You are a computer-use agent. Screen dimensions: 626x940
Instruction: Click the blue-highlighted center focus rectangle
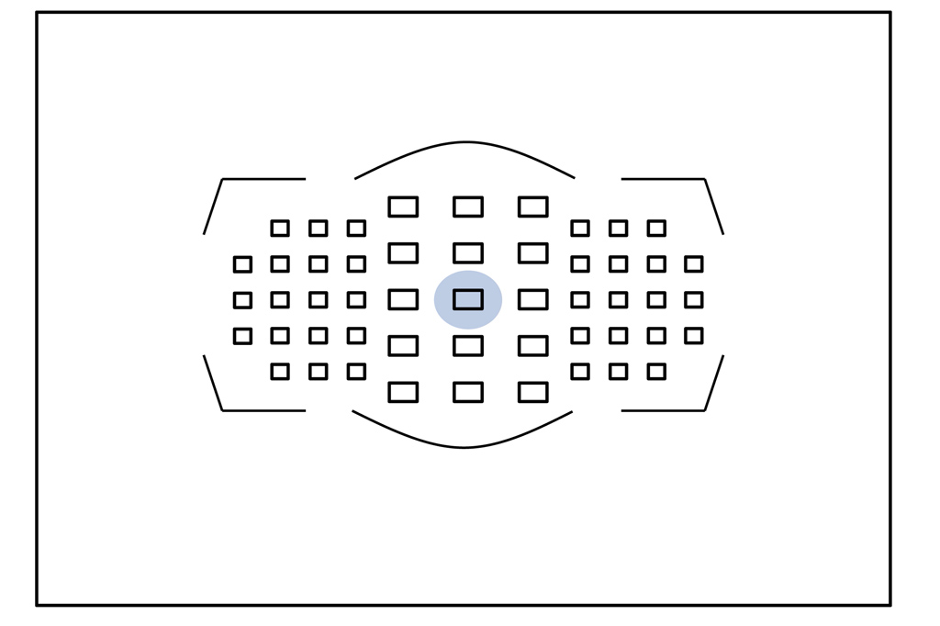(468, 299)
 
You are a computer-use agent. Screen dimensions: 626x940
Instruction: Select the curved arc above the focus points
(465, 143)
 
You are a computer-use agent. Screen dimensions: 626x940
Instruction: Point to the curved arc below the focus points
(464, 447)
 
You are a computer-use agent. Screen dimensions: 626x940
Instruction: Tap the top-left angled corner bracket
(223, 180)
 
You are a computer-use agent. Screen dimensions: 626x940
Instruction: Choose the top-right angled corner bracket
(704, 180)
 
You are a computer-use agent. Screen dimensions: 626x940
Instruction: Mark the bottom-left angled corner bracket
(223, 409)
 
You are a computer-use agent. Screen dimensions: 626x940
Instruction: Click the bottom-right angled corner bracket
(704, 409)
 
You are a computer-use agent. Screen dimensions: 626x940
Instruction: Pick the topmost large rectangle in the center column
(468, 207)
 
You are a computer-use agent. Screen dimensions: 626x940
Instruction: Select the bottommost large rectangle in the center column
(468, 392)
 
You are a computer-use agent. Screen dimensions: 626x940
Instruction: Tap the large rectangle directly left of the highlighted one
(403, 299)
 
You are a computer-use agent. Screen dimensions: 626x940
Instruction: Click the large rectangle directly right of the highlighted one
(533, 299)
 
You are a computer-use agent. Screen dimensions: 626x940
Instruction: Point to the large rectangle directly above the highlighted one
(468, 252)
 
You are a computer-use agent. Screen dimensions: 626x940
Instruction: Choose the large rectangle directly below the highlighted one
(468, 346)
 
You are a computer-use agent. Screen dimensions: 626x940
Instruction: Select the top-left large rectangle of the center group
(403, 207)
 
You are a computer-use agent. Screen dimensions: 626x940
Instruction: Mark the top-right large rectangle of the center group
(533, 207)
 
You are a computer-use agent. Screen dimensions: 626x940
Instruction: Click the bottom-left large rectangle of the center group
(403, 392)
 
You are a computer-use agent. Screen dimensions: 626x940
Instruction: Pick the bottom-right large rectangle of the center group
(533, 392)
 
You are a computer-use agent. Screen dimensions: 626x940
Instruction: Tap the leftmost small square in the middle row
(242, 300)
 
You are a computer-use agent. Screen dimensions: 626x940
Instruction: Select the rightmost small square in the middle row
(694, 300)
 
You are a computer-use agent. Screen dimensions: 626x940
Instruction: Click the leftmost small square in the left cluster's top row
(280, 228)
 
